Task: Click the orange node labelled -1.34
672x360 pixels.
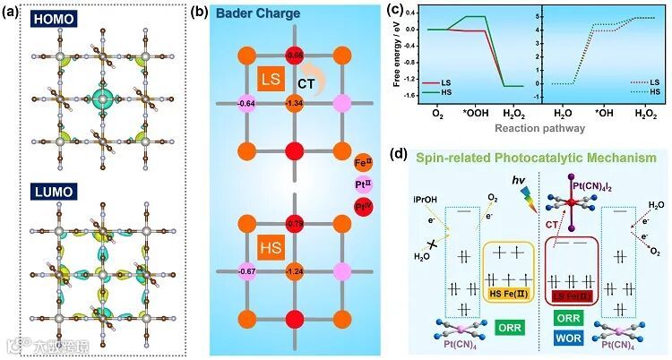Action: coord(294,103)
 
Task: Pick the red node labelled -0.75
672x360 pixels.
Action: coord(294,222)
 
